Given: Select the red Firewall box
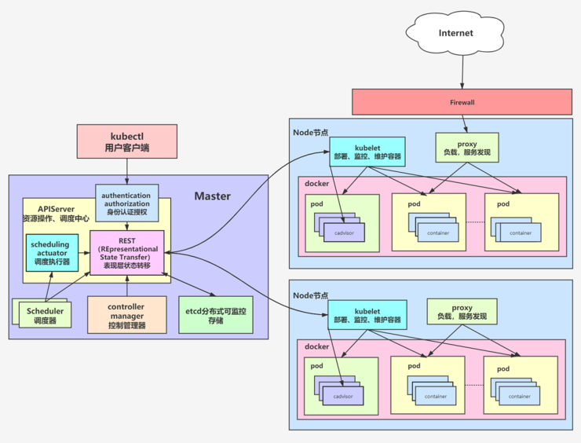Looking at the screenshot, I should pos(462,102).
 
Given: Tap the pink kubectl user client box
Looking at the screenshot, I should pos(126,140).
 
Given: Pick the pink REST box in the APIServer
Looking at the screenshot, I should pos(127,252).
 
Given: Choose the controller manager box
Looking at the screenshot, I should pos(127,315).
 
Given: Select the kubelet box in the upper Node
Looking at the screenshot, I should pos(367,152).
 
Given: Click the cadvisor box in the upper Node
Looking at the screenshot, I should pos(343,232).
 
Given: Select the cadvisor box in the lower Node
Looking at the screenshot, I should pos(343,396).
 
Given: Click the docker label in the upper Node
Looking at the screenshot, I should pos(316,182).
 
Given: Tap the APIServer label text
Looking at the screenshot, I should pos(44,209).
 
